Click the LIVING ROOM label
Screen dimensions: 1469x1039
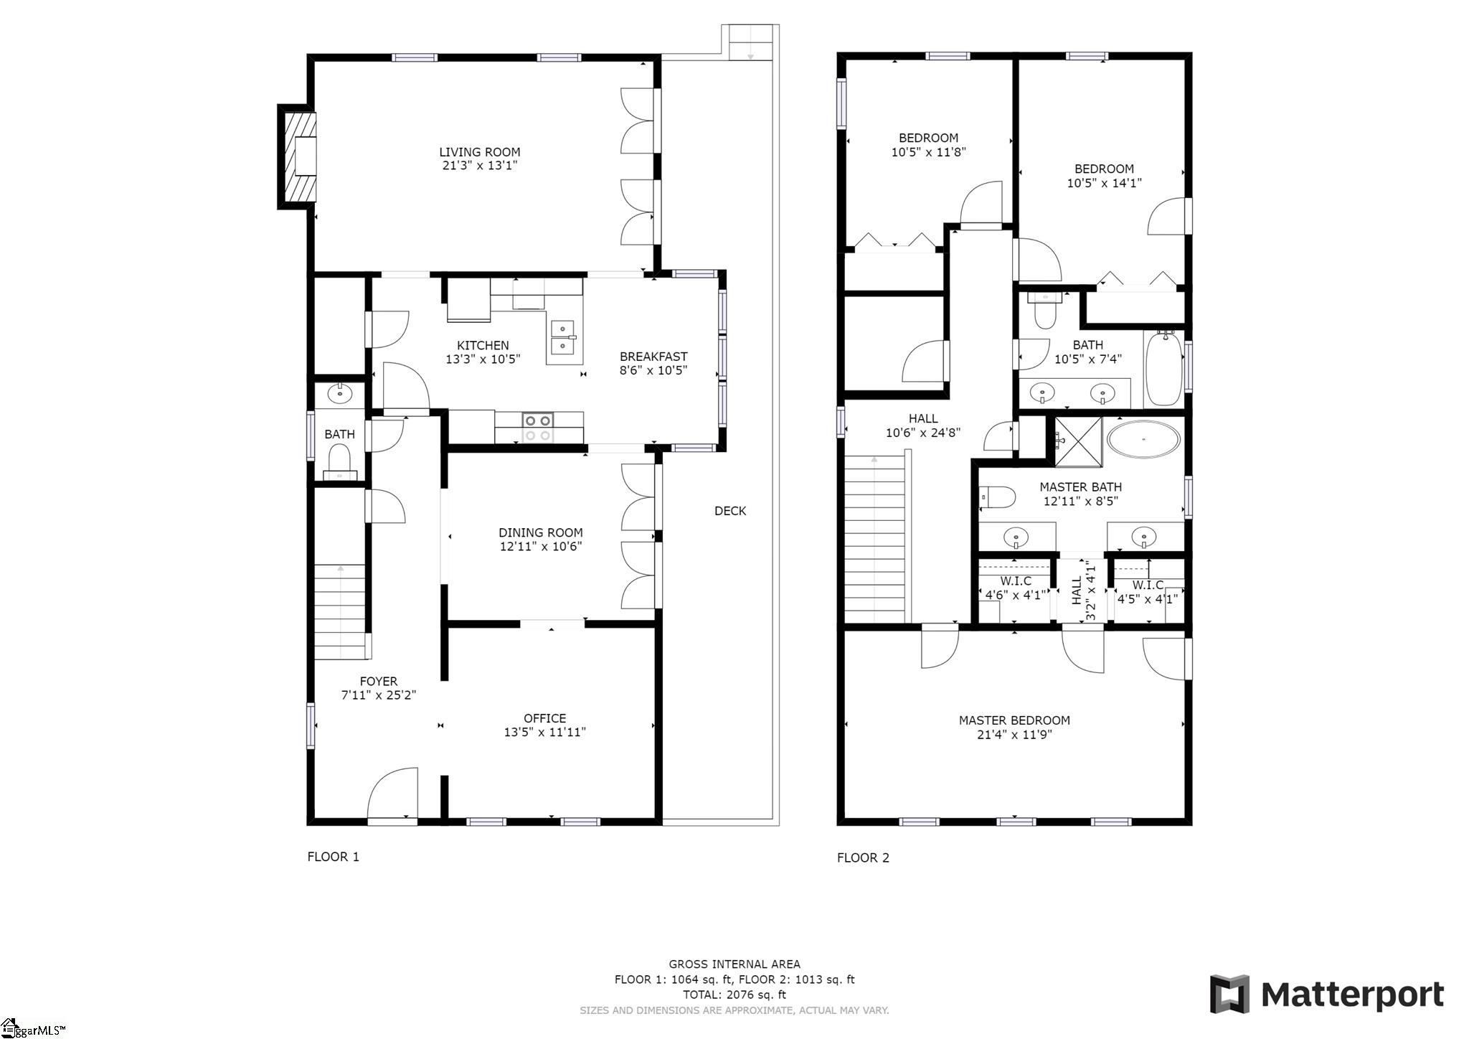coord(480,152)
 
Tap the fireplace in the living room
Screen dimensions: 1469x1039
coord(298,156)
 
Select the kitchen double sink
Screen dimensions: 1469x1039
coord(563,338)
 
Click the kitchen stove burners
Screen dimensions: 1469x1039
coord(538,428)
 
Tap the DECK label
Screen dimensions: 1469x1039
coord(730,511)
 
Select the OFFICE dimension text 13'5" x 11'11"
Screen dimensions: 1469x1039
coord(545,733)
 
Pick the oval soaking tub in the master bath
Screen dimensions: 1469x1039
coord(1143,438)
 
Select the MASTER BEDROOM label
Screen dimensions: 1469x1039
coord(1014,720)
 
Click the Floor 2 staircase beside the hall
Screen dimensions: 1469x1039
coord(875,539)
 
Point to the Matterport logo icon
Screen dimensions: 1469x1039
coord(1229,994)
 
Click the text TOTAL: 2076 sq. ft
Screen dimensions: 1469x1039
coord(734,995)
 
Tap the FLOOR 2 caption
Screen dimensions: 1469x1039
coord(863,857)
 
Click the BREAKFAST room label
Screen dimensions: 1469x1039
coord(653,357)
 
